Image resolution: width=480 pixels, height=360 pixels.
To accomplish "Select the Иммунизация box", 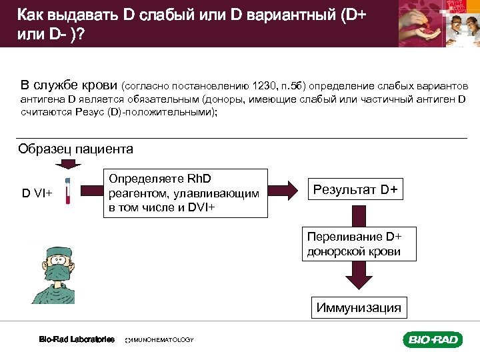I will pyautogui.click(x=359, y=307).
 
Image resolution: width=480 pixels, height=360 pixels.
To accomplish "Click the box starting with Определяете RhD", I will pyautogui.click(x=185, y=193).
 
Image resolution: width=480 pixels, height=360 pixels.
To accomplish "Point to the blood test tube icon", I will pyautogui.click(x=67, y=191).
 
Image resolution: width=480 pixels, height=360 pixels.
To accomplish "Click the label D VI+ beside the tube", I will pyautogui.click(x=37, y=193).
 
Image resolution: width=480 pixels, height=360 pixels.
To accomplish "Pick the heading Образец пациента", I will pyautogui.click(x=75, y=149).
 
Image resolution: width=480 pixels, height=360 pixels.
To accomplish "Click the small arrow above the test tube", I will pyautogui.click(x=67, y=165).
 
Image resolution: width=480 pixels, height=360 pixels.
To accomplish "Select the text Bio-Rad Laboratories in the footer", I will pyautogui.click(x=77, y=339).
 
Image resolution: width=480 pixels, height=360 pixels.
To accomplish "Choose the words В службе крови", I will pyautogui.click(x=69, y=85).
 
